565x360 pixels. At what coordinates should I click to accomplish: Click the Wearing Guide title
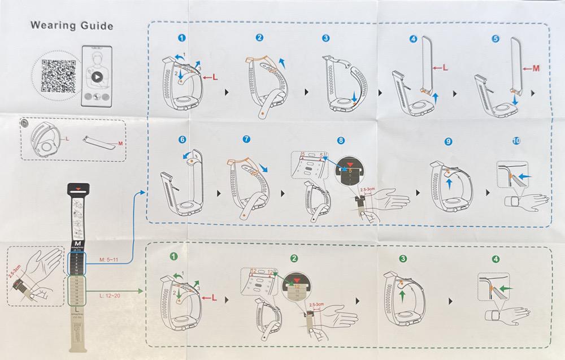pyautogui.click(x=71, y=25)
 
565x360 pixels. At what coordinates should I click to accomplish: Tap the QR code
pyautogui.click(x=59, y=77)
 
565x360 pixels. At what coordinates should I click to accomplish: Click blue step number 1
pyautogui.click(x=181, y=38)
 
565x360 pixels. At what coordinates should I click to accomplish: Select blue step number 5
pyautogui.click(x=496, y=39)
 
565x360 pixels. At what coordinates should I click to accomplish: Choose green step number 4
pyautogui.click(x=496, y=259)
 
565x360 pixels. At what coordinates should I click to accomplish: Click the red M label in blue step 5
pyautogui.click(x=536, y=68)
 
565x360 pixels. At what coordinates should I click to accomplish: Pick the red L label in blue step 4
pyautogui.click(x=445, y=68)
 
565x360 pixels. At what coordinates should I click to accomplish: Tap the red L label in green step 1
pyautogui.click(x=215, y=297)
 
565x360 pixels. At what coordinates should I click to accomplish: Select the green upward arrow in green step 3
pyautogui.click(x=402, y=294)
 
